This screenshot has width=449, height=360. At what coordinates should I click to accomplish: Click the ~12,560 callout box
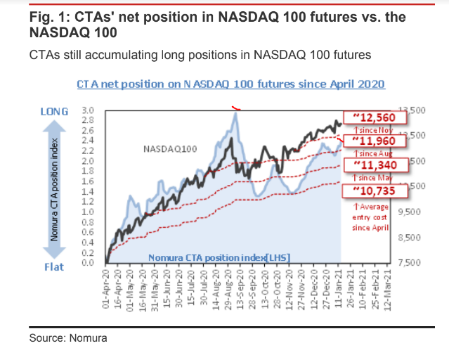tap(366, 117)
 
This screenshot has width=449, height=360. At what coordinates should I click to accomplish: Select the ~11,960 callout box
tap(366, 141)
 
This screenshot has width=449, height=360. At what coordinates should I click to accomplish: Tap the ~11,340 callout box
tap(366, 165)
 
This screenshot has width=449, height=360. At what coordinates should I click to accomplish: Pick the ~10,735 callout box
tap(366, 190)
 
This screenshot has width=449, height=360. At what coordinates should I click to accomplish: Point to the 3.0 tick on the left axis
tap(88, 111)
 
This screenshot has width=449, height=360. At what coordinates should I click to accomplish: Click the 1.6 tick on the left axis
tap(88, 181)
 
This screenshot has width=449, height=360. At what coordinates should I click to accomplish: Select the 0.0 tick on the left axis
tap(88, 263)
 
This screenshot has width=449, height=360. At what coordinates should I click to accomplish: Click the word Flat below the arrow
tap(54, 267)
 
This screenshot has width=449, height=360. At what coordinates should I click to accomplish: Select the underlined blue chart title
tap(230, 84)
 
